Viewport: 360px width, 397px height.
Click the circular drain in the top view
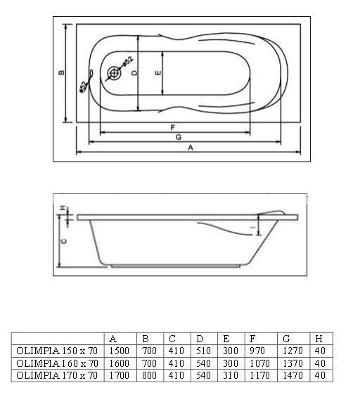(x=114, y=73)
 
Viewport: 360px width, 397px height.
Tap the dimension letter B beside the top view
(x=61, y=72)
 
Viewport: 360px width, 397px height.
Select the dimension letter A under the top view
(x=191, y=148)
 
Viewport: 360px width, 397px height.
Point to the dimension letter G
(x=179, y=137)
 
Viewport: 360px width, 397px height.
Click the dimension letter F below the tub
(x=173, y=127)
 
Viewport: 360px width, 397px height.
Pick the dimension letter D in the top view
(x=134, y=72)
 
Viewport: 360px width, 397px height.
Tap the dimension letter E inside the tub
(x=157, y=72)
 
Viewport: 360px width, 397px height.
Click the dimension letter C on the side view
(x=64, y=241)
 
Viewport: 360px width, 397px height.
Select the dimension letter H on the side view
(x=63, y=209)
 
